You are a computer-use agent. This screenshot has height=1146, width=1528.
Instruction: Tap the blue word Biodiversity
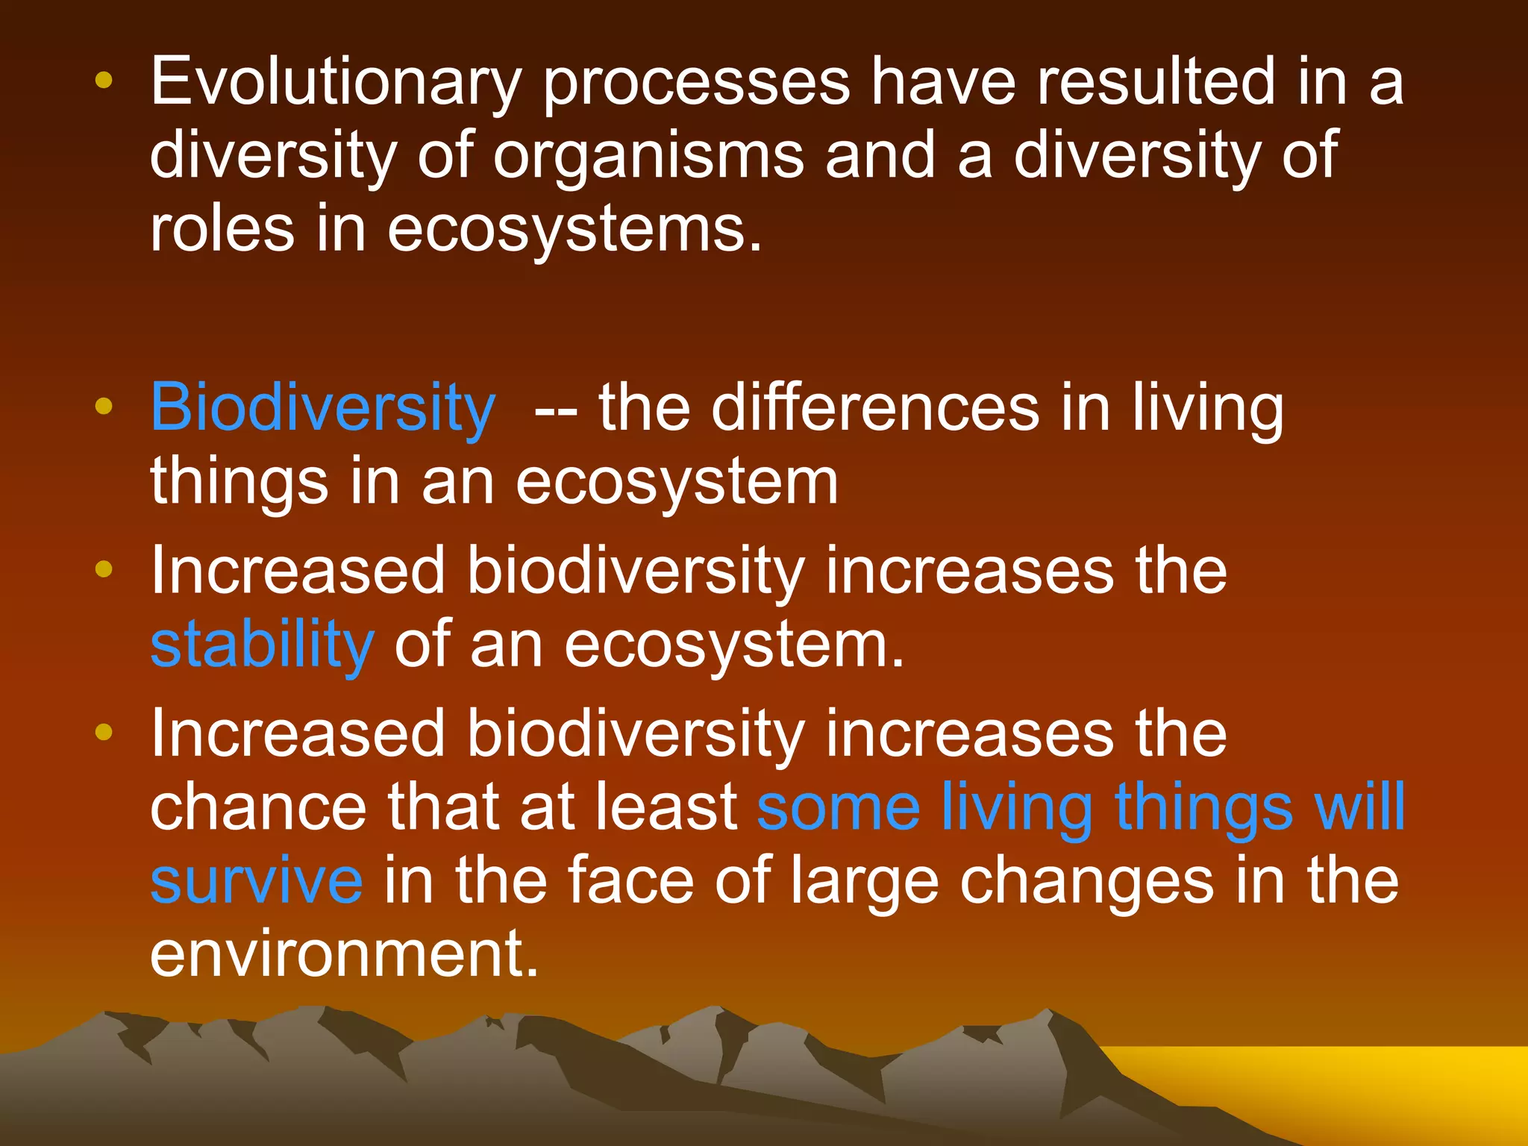(322, 408)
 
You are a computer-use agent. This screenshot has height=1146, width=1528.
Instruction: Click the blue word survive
(257, 881)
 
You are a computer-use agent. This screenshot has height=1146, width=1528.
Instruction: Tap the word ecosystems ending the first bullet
(574, 229)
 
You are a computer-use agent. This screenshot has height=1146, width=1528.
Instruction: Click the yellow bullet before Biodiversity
(104, 407)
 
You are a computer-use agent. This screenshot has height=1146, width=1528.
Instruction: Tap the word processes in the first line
(696, 84)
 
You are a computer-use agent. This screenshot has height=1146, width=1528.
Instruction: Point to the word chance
(258, 808)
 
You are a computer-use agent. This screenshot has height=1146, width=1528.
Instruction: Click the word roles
(222, 229)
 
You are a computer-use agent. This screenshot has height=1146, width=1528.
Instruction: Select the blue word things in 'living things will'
(1203, 808)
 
